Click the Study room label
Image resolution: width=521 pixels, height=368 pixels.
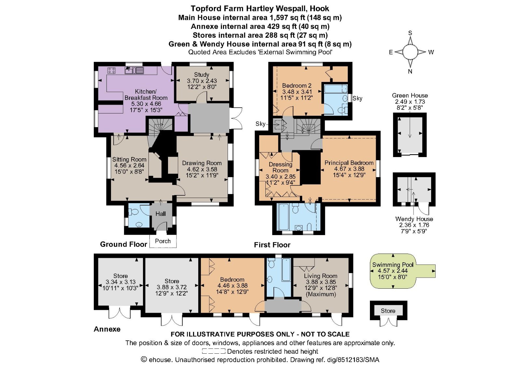(x=201, y=74)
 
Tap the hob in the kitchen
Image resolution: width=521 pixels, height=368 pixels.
(x=111, y=70)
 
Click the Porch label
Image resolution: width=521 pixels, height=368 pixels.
(x=163, y=241)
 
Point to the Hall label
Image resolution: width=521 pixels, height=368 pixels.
(x=161, y=214)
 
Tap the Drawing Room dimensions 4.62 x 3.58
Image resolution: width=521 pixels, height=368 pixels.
(x=202, y=169)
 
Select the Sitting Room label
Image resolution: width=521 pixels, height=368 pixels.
(x=129, y=159)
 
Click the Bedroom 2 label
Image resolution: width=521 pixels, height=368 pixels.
(x=297, y=85)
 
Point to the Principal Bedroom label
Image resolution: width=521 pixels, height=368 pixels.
(x=349, y=163)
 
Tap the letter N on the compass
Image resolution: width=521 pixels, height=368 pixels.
(x=410, y=72)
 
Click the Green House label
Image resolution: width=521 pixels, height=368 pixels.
(x=410, y=96)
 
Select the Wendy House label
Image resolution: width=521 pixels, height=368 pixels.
(x=414, y=219)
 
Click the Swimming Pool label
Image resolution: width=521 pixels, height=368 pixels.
(x=393, y=265)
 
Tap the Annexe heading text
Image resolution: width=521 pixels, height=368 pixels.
(x=107, y=329)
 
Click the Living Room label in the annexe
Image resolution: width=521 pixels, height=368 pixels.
(x=320, y=276)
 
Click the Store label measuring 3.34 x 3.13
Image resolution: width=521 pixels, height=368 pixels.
(x=120, y=276)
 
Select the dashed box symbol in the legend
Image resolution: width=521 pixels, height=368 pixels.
(x=214, y=351)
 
